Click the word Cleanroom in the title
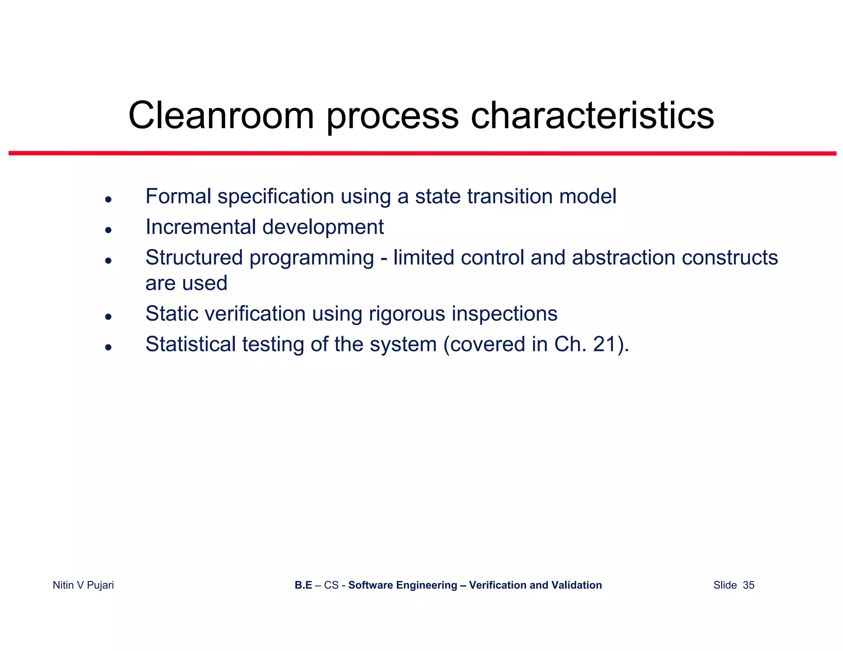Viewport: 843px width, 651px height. click(x=221, y=116)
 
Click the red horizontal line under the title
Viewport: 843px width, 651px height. click(x=422, y=153)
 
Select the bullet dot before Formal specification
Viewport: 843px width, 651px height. click(x=108, y=200)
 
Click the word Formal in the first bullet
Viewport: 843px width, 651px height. click(x=178, y=196)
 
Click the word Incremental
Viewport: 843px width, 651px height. click(x=200, y=227)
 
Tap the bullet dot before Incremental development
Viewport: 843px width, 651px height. click(x=108, y=230)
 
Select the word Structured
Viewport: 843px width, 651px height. click(x=194, y=258)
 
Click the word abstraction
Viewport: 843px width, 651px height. click(x=623, y=258)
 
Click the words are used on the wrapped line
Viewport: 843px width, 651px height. click(x=186, y=284)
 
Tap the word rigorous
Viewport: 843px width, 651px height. click(x=407, y=314)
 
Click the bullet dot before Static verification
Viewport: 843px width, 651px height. click(x=108, y=316)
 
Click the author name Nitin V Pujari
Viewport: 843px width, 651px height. click(x=83, y=585)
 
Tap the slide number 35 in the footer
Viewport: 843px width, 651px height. click(x=748, y=585)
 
